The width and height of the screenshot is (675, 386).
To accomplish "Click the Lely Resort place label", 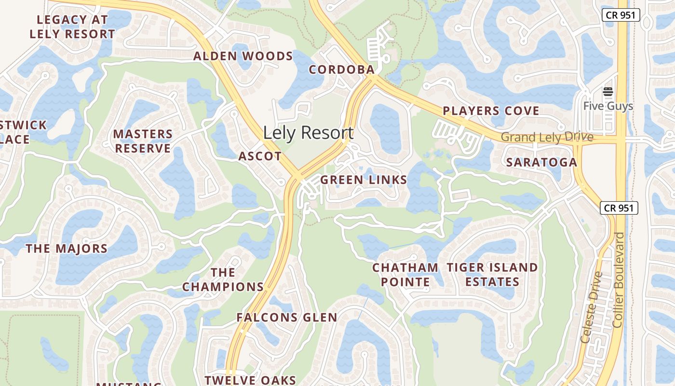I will point(308,133).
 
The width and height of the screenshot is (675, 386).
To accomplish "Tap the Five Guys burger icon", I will point(607,92).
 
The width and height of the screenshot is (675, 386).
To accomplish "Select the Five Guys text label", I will point(607,106).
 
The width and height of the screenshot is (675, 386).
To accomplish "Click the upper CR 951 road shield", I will point(621,15).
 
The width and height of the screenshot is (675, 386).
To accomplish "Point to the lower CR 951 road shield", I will point(619,208).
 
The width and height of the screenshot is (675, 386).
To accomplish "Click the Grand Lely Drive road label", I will point(547,138).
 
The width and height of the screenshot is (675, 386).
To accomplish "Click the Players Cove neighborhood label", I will point(491,111).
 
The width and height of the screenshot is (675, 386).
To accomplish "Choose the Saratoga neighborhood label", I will point(541,163).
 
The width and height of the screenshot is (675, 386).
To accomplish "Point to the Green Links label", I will point(364,180).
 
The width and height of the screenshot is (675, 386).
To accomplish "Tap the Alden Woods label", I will point(243,56).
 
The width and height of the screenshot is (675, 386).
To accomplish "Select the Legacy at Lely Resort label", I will point(72,27).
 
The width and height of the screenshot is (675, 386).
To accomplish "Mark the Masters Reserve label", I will point(143,141).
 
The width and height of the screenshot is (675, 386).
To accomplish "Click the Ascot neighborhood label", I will point(260,156).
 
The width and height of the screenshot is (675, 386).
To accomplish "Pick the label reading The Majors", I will point(67,249).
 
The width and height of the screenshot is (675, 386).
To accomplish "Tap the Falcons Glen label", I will point(286,317).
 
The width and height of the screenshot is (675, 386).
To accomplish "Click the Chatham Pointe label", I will point(405,275).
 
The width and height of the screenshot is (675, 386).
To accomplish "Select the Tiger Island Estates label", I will point(492,275).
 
